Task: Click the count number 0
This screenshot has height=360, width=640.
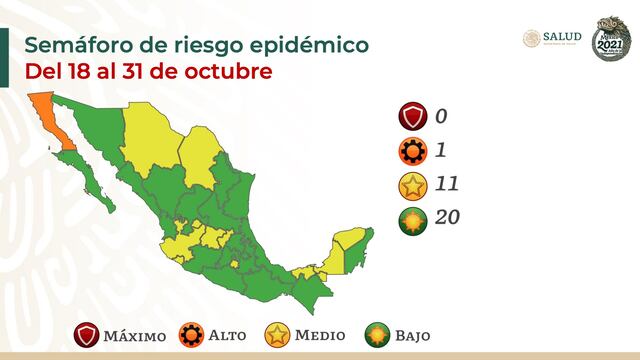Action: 441,116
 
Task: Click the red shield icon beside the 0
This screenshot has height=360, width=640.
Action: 408,117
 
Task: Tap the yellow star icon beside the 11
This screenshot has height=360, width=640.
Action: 408,183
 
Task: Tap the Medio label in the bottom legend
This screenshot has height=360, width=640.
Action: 320,335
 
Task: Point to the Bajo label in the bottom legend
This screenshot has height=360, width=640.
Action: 411,335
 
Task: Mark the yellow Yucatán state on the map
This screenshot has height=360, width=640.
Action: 349,240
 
